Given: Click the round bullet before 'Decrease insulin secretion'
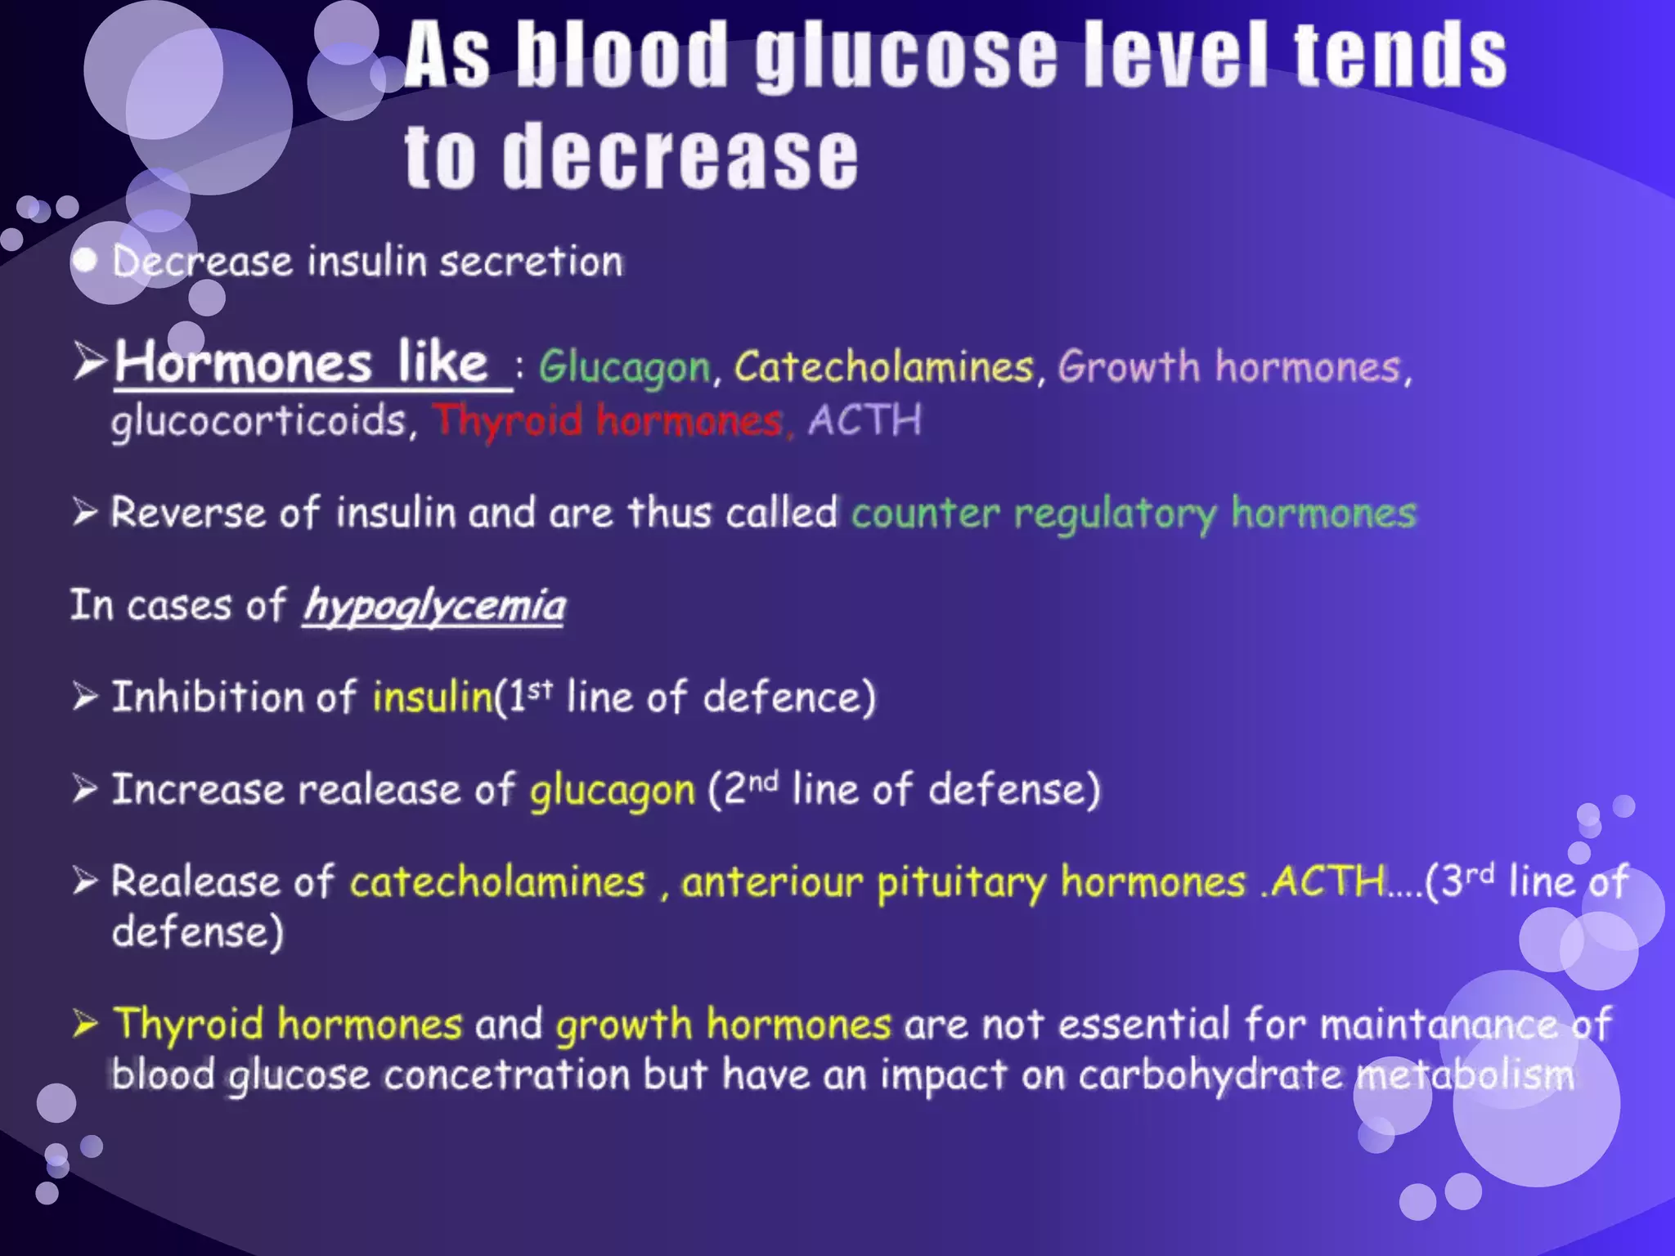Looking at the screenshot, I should click(x=85, y=261).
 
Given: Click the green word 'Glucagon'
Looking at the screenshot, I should click(x=624, y=367).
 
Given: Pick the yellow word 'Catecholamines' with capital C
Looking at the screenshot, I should click(x=883, y=366).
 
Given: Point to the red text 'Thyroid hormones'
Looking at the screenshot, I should click(x=608, y=420).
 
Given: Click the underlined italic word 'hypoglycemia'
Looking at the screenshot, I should click(x=433, y=606).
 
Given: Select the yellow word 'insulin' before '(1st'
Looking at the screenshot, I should click(x=432, y=698).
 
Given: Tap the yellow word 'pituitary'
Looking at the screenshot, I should click(x=961, y=883).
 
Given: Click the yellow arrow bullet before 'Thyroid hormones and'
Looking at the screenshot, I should click(x=85, y=1023).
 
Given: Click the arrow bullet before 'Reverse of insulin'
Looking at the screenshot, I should click(x=85, y=513).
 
